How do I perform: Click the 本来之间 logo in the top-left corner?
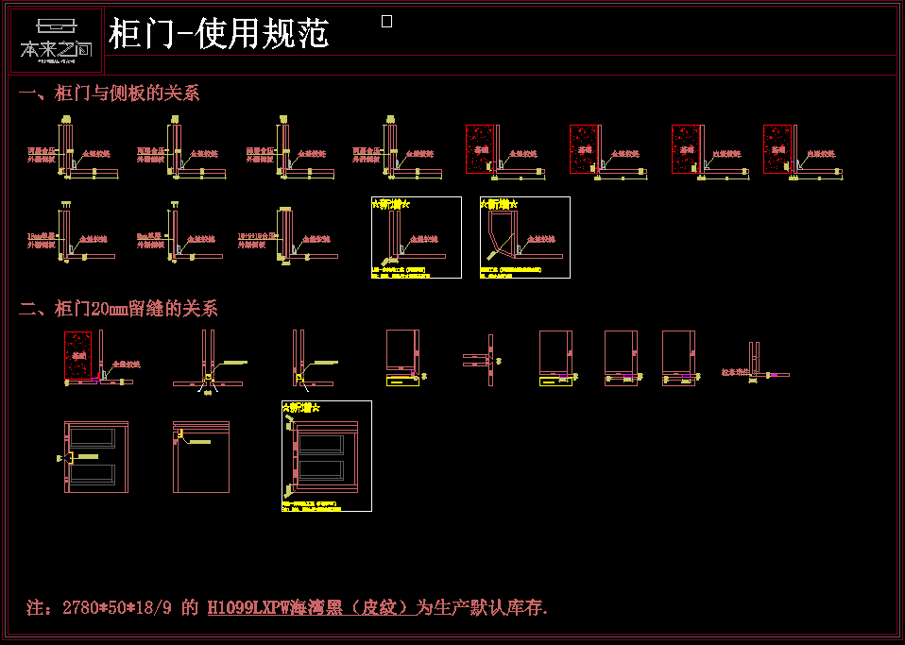56,41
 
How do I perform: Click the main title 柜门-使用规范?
218,34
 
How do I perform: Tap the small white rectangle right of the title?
386,22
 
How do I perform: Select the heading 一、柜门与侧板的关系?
109,93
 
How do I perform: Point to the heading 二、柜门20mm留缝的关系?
118,309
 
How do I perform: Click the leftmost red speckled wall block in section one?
479,149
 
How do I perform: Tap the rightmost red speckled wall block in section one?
777,149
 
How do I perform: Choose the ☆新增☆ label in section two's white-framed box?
303,408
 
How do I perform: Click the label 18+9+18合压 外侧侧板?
256,241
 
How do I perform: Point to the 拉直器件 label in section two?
734,373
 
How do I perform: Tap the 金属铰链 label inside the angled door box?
542,240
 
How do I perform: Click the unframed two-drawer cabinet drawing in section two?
94,457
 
